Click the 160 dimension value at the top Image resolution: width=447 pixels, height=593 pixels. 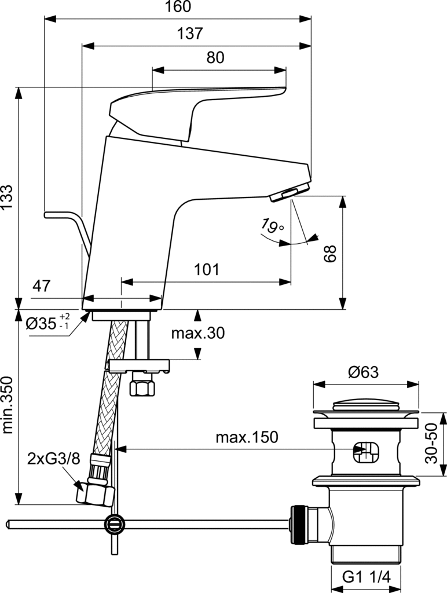click(x=178, y=6)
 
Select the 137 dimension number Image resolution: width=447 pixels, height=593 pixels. click(x=190, y=34)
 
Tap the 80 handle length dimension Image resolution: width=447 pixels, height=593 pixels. click(x=215, y=57)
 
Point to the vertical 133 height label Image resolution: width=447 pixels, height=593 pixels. click(x=7, y=198)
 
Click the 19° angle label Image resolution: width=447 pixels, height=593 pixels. click(x=272, y=225)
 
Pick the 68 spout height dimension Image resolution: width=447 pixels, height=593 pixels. click(x=330, y=254)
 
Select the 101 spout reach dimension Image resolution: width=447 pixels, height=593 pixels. click(x=207, y=270)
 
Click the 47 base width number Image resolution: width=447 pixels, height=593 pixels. click(x=41, y=286)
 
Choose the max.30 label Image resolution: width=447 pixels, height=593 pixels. click(x=198, y=333)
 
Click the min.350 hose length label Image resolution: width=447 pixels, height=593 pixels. click(x=8, y=405)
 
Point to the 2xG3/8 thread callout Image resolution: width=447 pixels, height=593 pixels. click(x=54, y=459)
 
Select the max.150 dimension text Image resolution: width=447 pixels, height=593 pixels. click(x=247, y=437)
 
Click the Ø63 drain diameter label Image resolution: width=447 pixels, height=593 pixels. click(x=363, y=372)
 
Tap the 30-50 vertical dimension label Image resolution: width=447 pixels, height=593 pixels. click(x=431, y=443)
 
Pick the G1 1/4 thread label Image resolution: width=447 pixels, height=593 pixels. click(x=366, y=577)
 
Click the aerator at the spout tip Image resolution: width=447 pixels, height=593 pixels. click(x=290, y=192)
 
